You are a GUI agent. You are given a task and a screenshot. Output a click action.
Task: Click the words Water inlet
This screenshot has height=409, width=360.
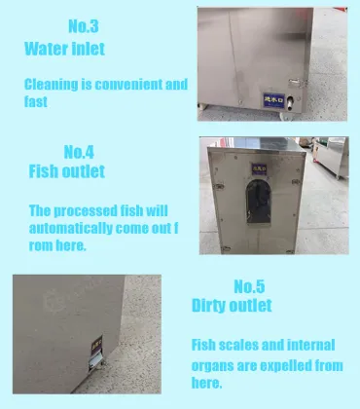(64, 48)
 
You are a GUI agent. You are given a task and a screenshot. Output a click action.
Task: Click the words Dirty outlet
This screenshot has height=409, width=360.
(232, 307)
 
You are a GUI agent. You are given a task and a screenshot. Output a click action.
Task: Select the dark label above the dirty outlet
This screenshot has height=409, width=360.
(95, 346)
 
